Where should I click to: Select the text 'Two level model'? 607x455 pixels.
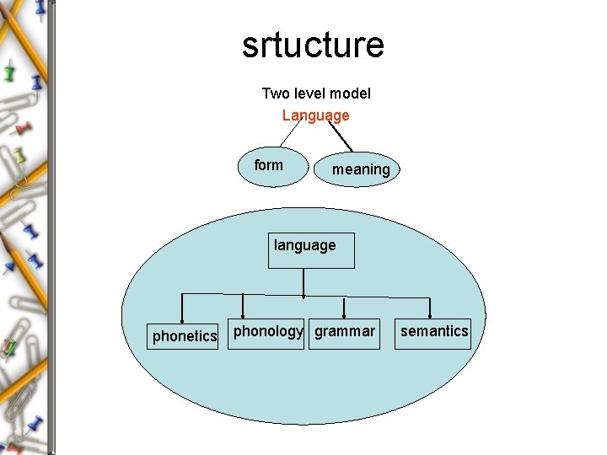point(316,94)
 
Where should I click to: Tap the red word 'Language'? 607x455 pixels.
point(315,115)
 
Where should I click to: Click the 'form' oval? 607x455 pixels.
point(269,166)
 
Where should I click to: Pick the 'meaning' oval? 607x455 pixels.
point(361,169)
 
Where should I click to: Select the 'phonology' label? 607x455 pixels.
point(267,331)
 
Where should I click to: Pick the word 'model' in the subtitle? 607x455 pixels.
point(351,94)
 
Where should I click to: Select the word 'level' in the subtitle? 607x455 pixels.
point(309,94)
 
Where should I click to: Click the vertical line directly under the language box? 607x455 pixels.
point(303,281)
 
